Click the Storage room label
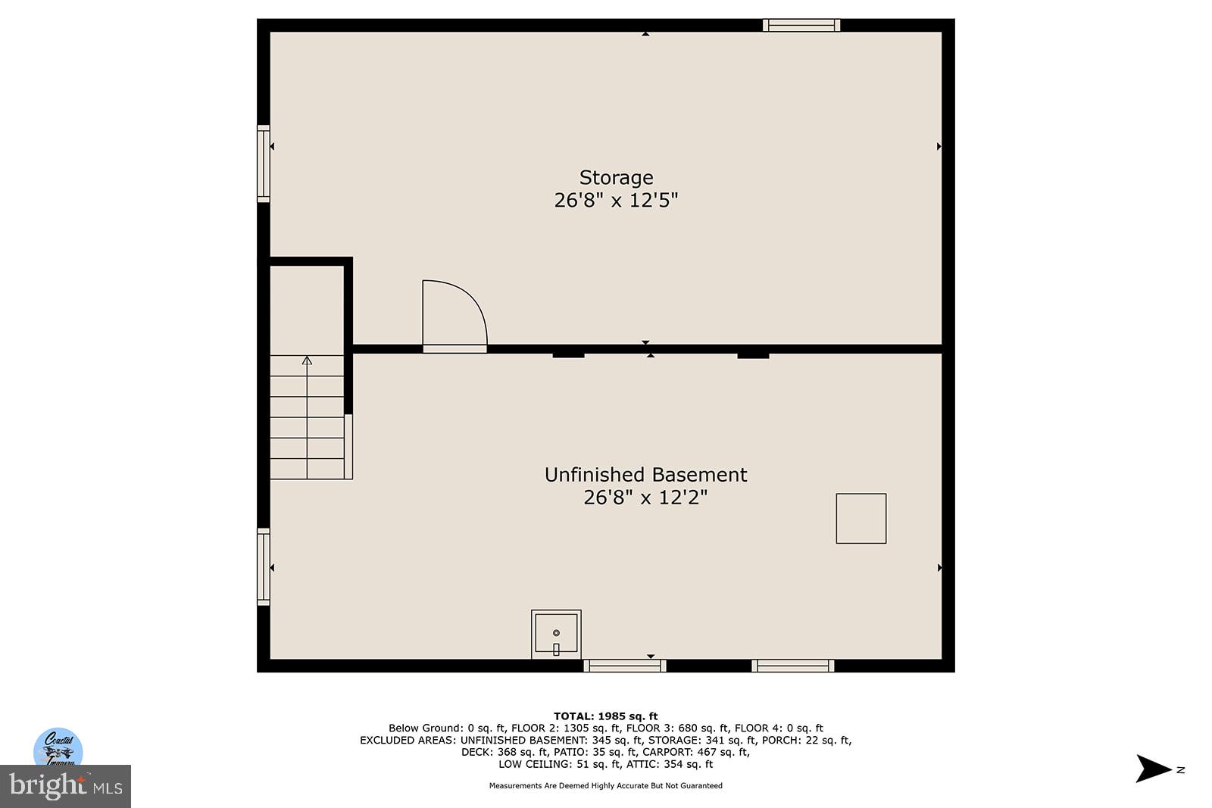(616, 177)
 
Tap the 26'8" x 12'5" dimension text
(616, 200)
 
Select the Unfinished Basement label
(645, 475)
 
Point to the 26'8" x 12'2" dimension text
(645, 498)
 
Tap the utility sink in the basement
(556, 634)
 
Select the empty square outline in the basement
(861, 518)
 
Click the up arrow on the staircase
(307, 361)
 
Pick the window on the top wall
(801, 25)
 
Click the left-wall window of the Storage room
(264, 164)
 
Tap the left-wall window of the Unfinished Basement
(264, 566)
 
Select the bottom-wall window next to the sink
(625, 666)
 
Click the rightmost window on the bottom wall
(792, 666)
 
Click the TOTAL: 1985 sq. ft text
(605, 716)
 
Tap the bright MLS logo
(65, 786)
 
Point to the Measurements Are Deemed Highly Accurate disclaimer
(605, 785)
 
